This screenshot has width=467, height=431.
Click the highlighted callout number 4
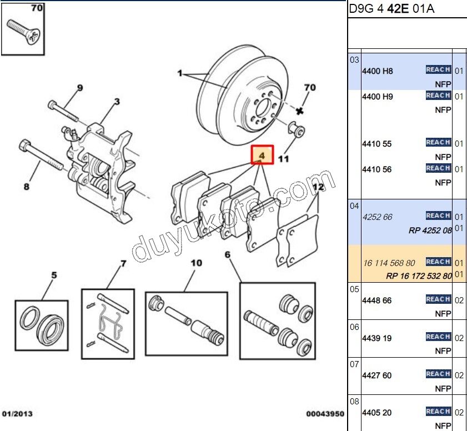(x=262, y=156)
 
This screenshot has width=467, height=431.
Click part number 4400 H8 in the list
(x=377, y=71)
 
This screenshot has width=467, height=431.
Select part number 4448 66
(x=376, y=300)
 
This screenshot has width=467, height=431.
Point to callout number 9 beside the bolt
(x=79, y=87)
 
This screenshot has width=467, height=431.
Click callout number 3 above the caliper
(x=117, y=102)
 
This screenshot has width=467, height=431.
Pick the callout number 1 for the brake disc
(x=179, y=73)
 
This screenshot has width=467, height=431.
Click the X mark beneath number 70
(x=300, y=111)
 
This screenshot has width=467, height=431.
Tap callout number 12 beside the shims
(x=318, y=187)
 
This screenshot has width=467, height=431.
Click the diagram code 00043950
(x=325, y=414)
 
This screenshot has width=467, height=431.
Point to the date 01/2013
(x=17, y=414)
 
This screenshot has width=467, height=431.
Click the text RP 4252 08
(x=430, y=230)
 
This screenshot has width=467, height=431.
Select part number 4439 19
(x=376, y=338)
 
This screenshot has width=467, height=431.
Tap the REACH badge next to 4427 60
(x=438, y=374)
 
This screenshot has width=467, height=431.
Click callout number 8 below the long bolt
(x=26, y=187)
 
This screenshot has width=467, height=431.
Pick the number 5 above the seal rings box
(x=54, y=275)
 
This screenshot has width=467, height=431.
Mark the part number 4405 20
(x=376, y=413)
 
